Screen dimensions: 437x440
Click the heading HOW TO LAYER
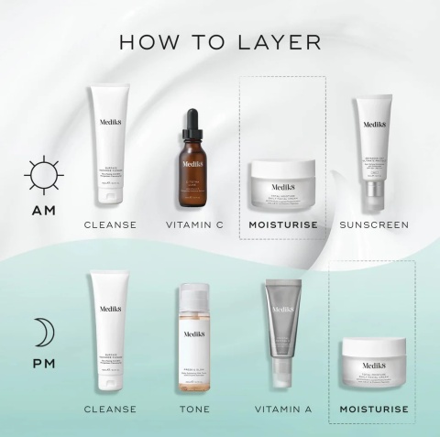pyautogui.click(x=219, y=43)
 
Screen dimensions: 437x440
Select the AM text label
pyautogui.click(x=43, y=212)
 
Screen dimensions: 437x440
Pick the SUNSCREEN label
pyautogui.click(x=373, y=225)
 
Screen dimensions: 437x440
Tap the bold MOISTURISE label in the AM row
pyautogui.click(x=283, y=225)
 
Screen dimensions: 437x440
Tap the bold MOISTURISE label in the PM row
pyautogui.click(x=373, y=409)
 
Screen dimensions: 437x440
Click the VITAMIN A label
pyautogui.click(x=282, y=409)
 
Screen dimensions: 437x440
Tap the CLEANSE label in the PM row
pyautogui.click(x=110, y=409)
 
